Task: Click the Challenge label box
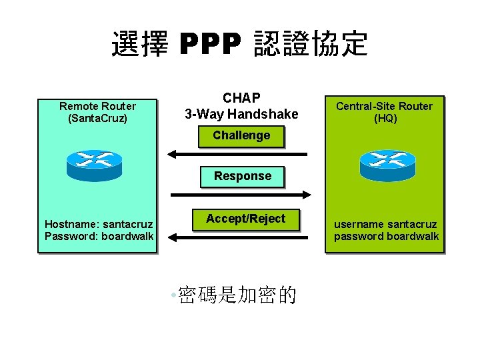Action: (x=241, y=136)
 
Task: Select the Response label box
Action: (x=243, y=176)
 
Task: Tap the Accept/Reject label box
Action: (x=245, y=219)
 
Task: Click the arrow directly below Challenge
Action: (x=237, y=155)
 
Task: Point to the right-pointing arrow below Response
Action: (x=241, y=195)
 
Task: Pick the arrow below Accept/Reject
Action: (x=237, y=236)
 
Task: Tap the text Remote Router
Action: (x=97, y=106)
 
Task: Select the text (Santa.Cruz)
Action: (x=97, y=119)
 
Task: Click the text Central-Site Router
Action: (x=384, y=106)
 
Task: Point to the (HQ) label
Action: (x=384, y=119)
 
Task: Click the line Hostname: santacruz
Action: (x=99, y=224)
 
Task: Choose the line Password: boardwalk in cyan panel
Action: (x=99, y=236)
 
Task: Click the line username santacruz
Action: (x=386, y=224)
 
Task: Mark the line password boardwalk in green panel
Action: (x=386, y=236)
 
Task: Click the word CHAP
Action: (x=241, y=98)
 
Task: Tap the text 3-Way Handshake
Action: (x=241, y=114)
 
